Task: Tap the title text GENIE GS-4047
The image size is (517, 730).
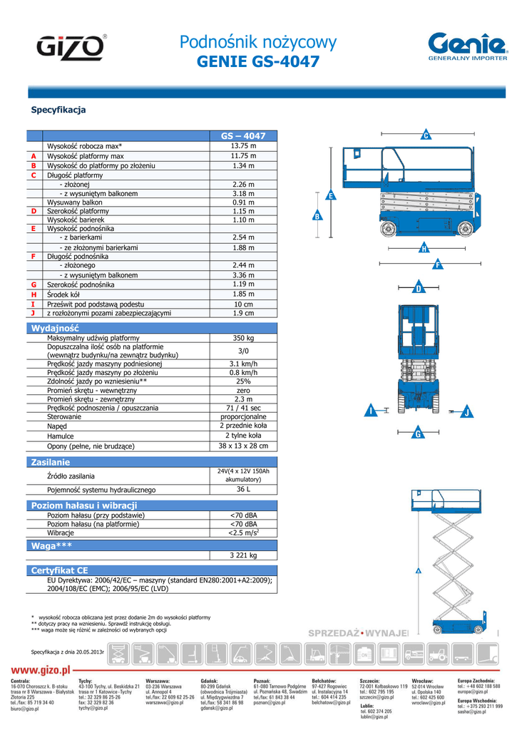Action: (258, 63)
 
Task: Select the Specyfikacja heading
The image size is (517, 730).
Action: (58, 110)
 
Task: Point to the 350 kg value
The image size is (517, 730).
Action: (243, 338)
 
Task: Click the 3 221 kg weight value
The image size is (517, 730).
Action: (243, 555)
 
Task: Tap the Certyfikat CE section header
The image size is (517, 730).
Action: (60, 571)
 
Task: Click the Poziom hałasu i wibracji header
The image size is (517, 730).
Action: (84, 505)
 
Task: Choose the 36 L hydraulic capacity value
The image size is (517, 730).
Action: (243, 490)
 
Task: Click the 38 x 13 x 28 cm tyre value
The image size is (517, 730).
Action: (243, 446)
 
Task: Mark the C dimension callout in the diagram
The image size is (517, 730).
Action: (426, 135)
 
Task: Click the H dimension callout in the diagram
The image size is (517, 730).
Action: (424, 248)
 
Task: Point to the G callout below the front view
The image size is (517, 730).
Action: (419, 433)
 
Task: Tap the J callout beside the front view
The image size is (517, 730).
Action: (467, 412)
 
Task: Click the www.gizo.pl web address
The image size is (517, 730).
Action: (41, 670)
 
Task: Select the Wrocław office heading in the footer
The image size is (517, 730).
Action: (424, 682)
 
